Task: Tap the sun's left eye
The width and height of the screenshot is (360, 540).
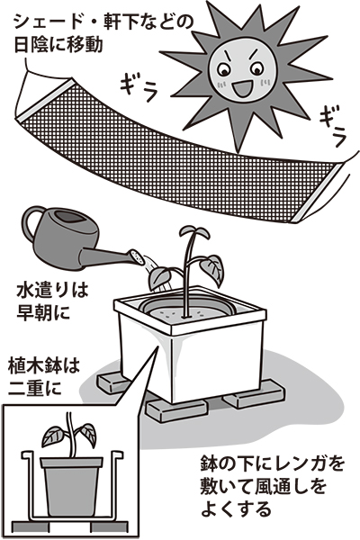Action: (x=224, y=71)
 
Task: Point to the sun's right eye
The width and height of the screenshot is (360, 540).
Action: (x=257, y=70)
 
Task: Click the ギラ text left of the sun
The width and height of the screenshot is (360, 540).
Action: (x=139, y=88)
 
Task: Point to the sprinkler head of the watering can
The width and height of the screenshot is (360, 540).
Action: (x=137, y=257)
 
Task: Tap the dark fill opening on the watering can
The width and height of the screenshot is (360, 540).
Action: (x=71, y=217)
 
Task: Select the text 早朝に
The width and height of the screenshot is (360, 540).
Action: (x=43, y=312)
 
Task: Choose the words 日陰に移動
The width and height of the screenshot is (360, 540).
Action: (x=58, y=45)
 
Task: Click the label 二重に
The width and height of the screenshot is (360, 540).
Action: (x=35, y=387)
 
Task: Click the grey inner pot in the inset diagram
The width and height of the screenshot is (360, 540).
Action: (x=71, y=486)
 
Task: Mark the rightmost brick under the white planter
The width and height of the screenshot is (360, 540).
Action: (x=254, y=395)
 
